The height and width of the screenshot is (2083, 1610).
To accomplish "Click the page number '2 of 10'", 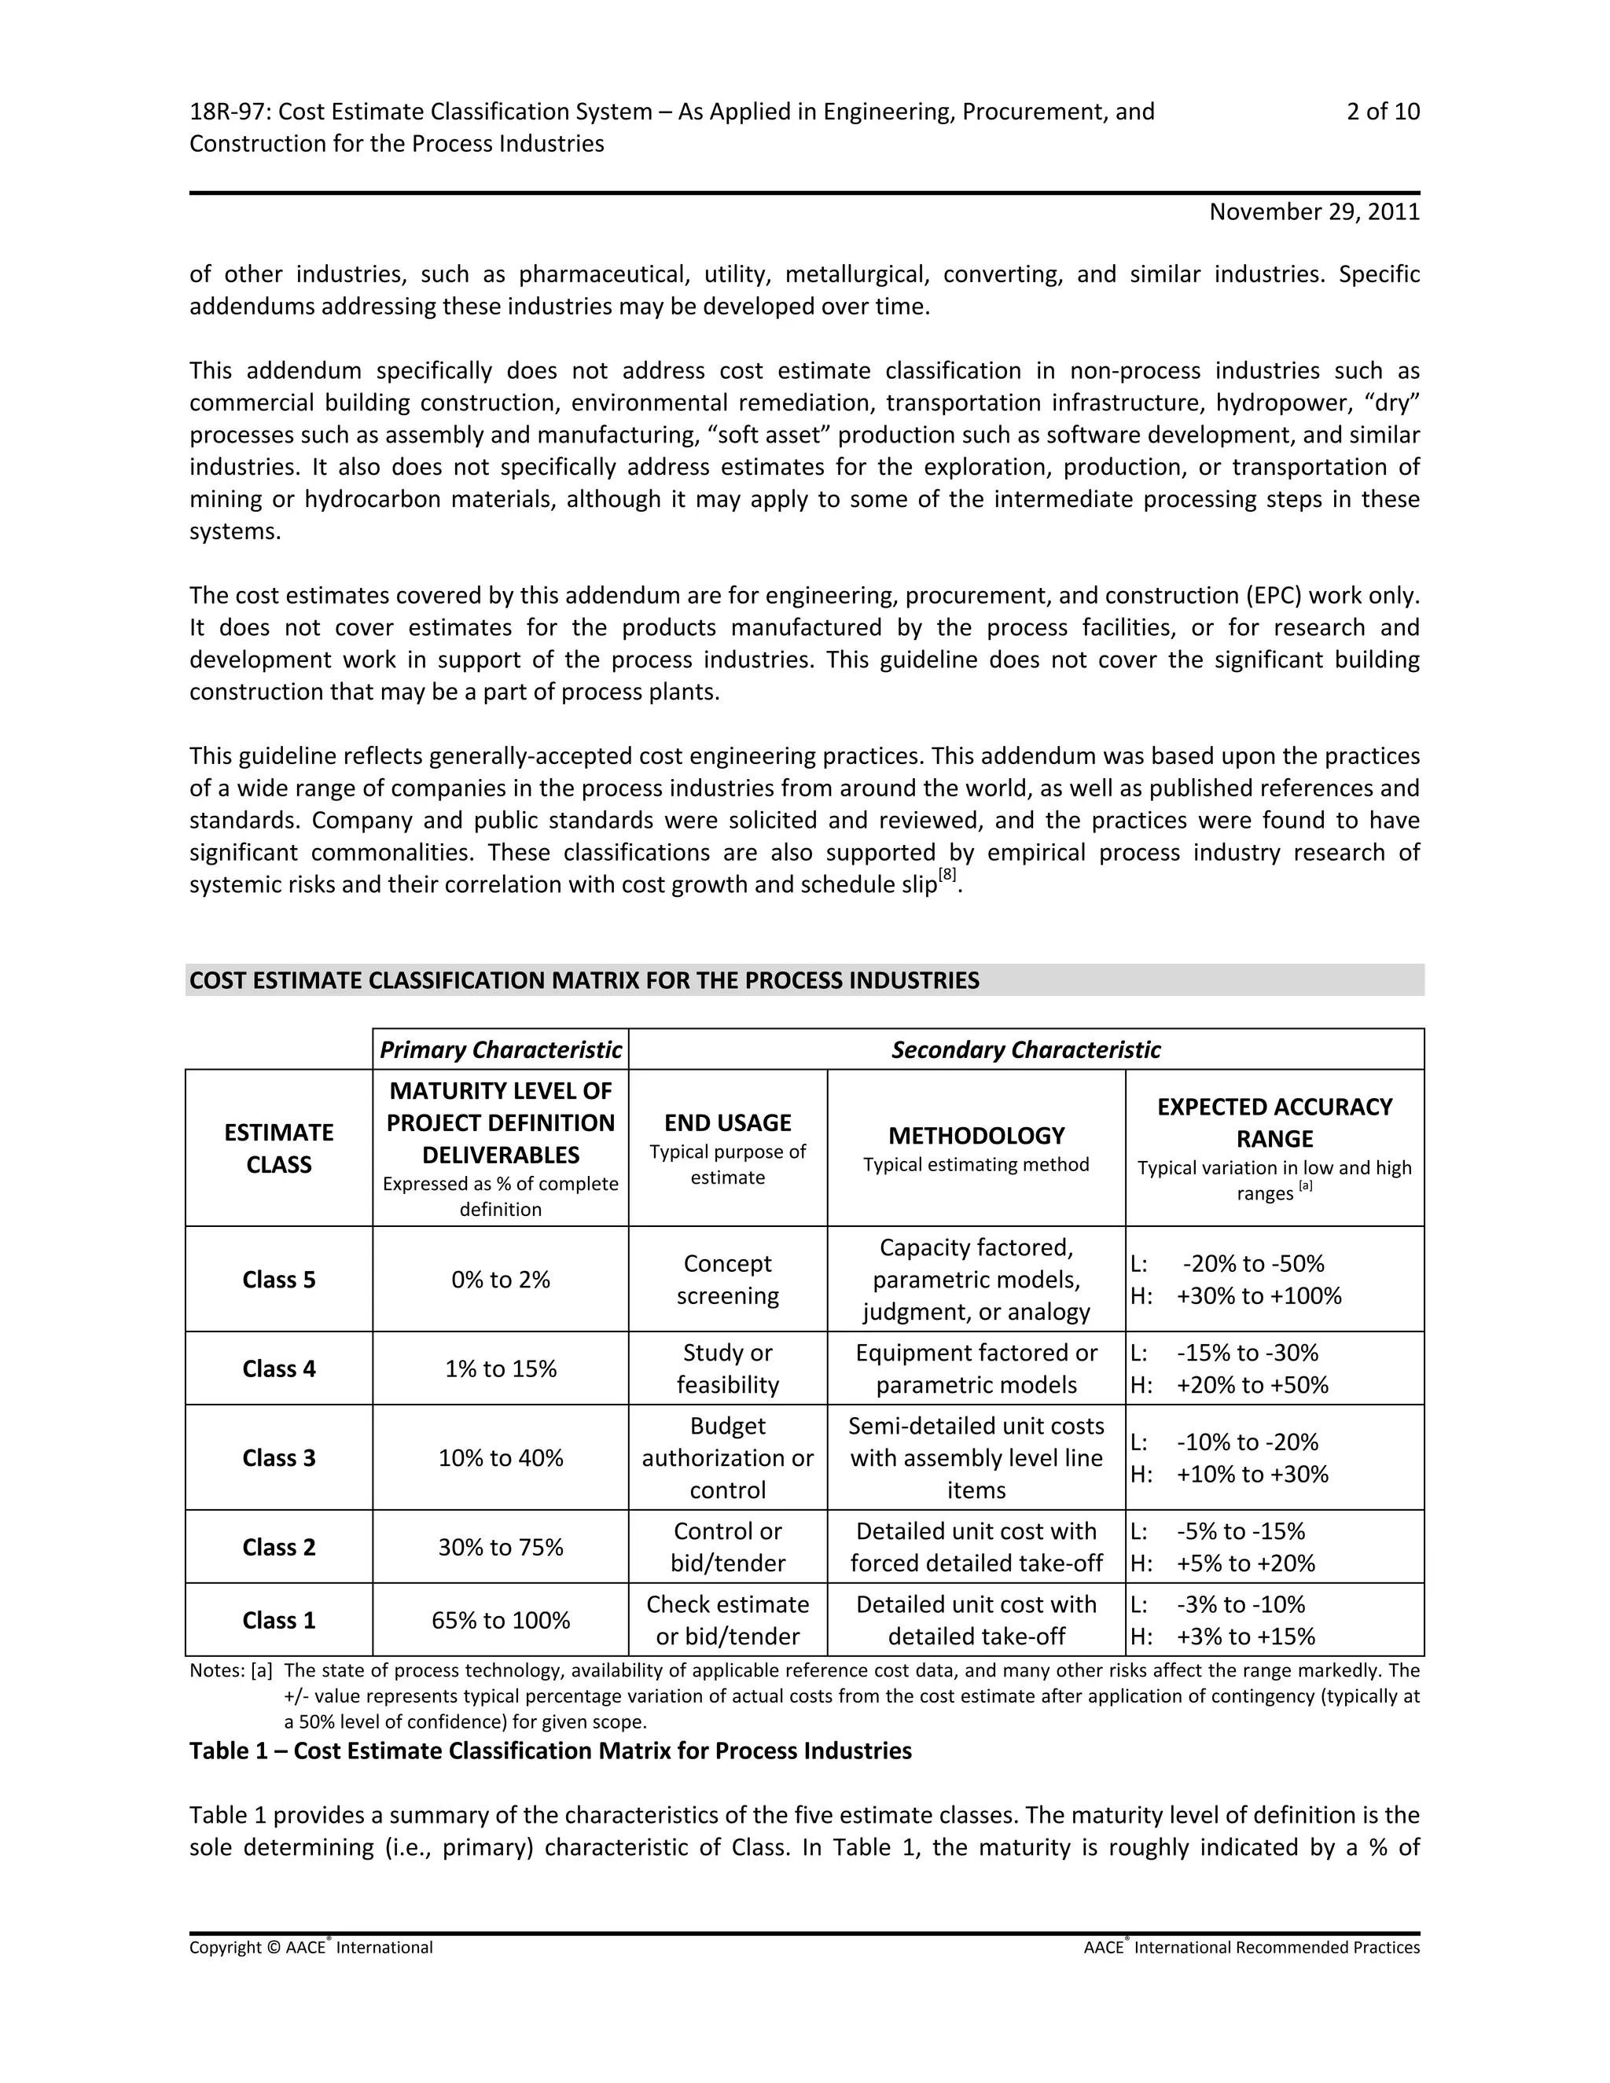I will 1382,112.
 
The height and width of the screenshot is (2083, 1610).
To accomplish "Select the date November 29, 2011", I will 1314,211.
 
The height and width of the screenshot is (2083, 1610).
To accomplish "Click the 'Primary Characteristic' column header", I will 500,1050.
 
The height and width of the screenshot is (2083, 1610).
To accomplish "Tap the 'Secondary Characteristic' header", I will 1025,1050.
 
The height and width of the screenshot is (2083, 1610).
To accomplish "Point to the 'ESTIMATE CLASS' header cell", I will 278,1148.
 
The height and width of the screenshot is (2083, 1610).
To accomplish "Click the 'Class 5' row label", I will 278,1280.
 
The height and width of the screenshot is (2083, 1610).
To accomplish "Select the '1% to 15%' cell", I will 500,1368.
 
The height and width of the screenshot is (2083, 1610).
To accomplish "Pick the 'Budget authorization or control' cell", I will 727,1457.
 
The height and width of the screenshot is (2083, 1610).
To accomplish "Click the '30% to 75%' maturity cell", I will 500,1547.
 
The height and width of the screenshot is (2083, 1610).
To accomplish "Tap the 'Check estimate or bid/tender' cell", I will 727,1621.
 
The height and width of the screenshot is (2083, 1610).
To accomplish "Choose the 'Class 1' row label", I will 278,1621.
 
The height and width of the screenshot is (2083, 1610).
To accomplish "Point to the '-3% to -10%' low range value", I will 1240,1604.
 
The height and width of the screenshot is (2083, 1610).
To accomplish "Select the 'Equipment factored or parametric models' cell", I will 976,1368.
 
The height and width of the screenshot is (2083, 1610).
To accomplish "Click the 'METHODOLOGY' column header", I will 976,1136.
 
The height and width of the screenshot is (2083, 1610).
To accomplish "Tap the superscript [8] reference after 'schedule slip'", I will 947,875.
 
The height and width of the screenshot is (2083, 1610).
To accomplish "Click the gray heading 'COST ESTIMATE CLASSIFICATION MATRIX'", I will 584,980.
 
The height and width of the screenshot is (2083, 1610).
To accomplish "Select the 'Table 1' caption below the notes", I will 550,1751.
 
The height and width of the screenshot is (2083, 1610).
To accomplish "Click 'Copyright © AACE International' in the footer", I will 311,1948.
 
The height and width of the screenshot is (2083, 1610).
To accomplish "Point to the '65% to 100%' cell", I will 500,1621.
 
